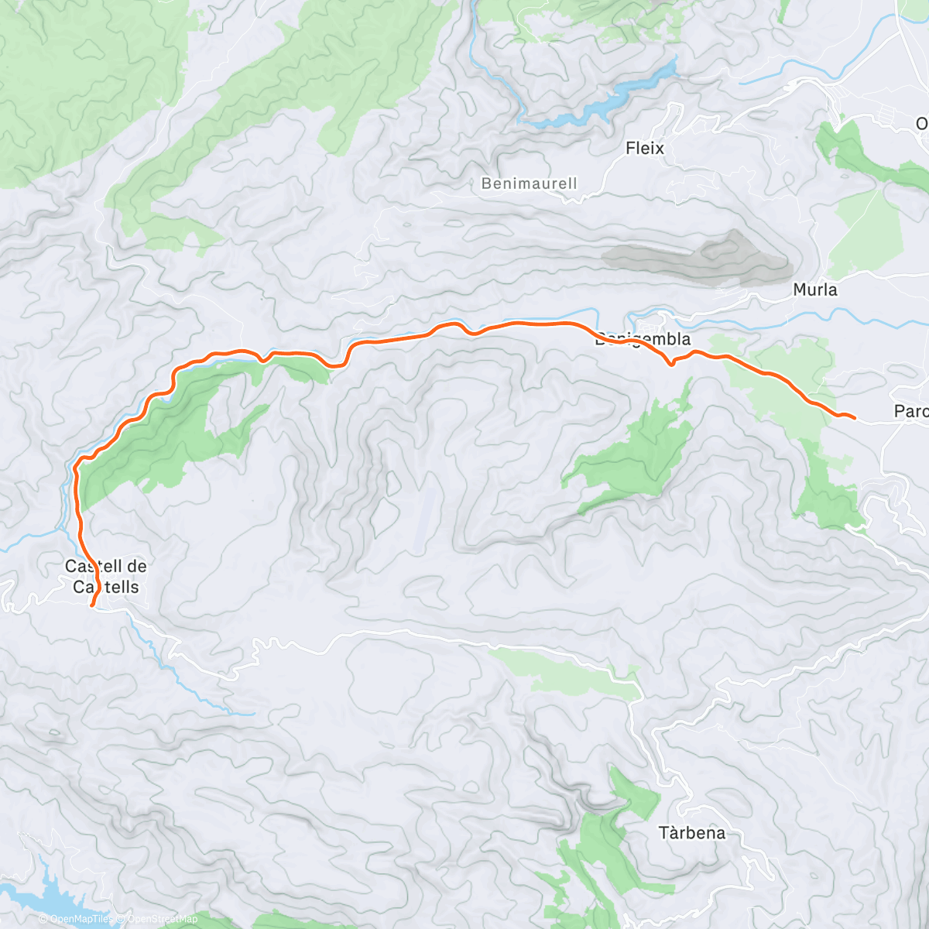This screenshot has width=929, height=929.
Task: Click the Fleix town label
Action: [x=645, y=148]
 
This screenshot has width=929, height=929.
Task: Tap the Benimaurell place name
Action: [x=529, y=183]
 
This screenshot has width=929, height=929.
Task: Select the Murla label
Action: [x=815, y=290]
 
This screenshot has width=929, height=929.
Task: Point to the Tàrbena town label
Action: [x=692, y=833]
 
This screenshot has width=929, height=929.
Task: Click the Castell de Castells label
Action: [x=106, y=577]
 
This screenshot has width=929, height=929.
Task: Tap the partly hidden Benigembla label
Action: [x=642, y=340]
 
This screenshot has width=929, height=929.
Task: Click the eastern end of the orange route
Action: [x=854, y=418]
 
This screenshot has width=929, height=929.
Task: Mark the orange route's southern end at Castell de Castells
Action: [x=92, y=606]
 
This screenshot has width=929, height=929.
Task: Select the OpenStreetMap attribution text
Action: [x=162, y=919]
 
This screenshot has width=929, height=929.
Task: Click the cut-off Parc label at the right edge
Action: [x=910, y=411]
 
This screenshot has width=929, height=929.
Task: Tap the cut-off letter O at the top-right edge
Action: [x=921, y=124]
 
